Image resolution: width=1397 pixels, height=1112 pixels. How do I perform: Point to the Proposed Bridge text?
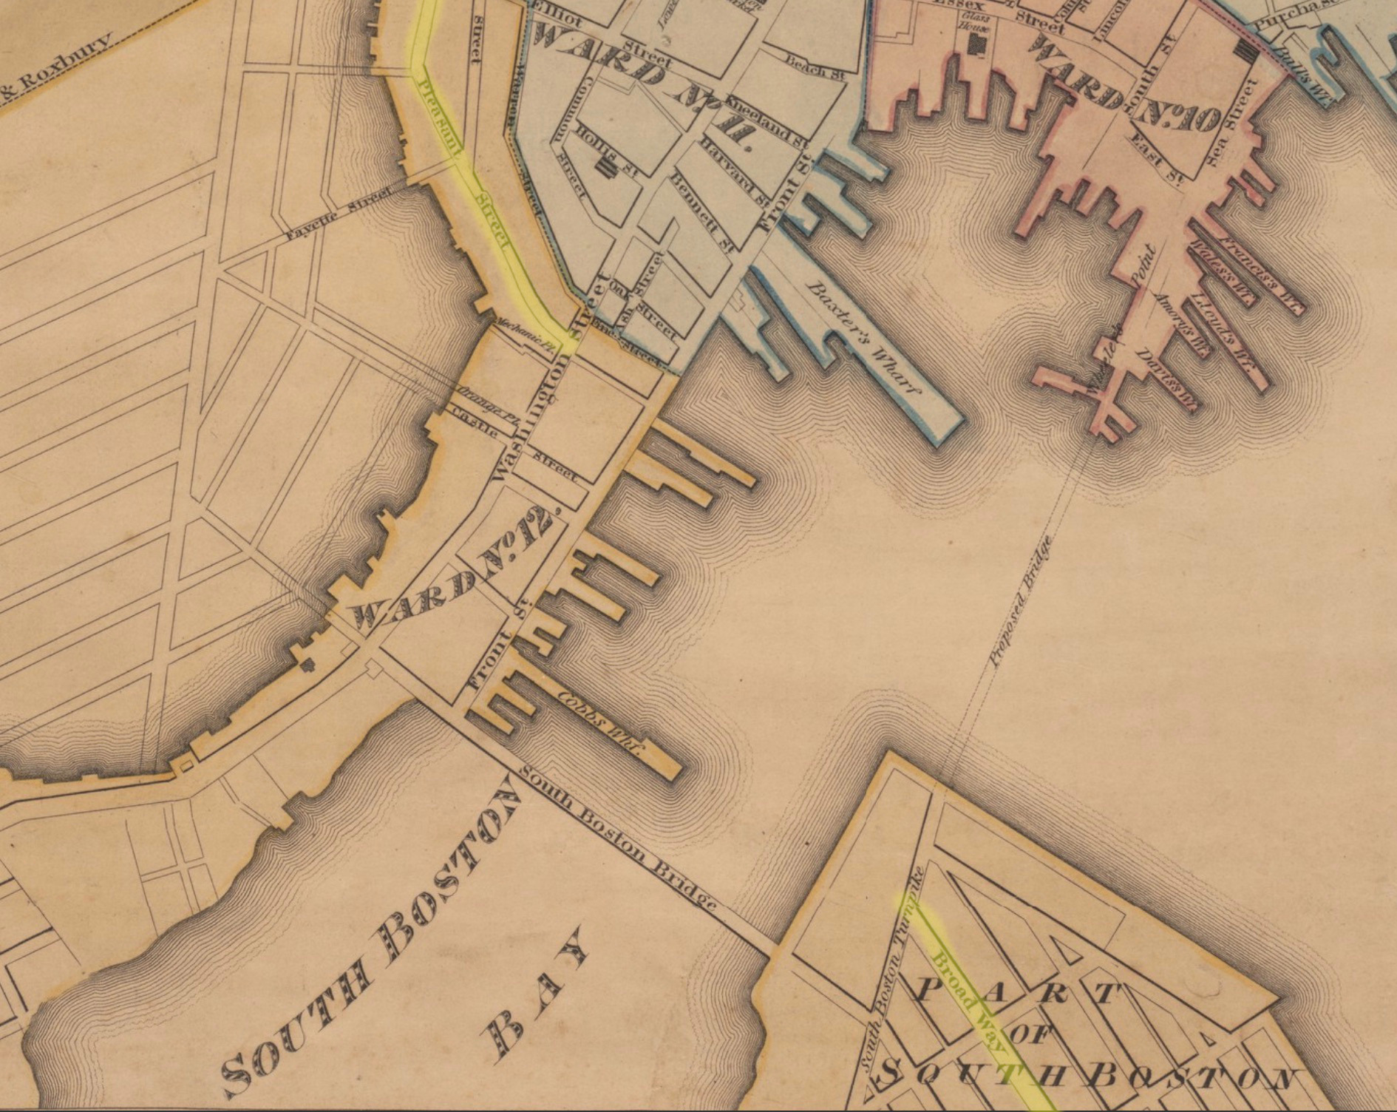coord(1022,599)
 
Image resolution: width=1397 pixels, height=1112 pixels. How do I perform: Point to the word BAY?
coord(532,991)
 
